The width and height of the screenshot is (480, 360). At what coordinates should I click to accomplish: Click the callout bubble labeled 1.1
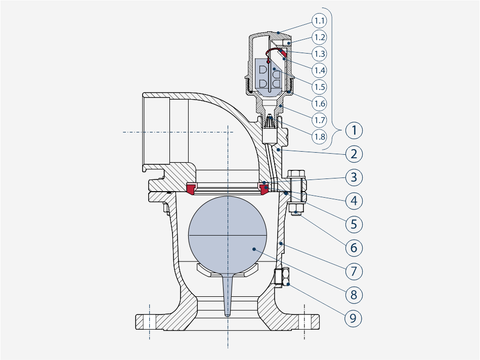(319, 21)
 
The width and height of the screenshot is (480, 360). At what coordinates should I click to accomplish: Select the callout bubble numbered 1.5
(319, 87)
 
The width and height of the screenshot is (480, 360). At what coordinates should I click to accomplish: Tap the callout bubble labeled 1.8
(319, 137)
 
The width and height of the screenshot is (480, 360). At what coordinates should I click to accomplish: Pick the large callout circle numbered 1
(354, 130)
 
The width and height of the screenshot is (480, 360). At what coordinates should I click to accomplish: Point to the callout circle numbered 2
(354, 154)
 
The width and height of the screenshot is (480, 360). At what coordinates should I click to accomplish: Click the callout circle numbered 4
(354, 201)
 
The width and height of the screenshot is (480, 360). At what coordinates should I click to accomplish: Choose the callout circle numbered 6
(354, 248)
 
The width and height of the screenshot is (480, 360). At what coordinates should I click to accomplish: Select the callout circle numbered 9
(353, 319)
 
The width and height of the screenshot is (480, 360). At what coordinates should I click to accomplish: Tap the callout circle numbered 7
(354, 271)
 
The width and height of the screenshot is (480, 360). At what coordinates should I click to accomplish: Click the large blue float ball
(228, 235)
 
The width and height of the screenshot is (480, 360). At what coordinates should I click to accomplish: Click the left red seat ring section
(191, 188)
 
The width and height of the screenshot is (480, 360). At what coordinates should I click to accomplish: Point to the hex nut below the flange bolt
(296, 209)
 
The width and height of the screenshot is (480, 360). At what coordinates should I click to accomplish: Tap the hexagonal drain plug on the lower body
(282, 277)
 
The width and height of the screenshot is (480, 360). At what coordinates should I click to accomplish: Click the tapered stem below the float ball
(228, 294)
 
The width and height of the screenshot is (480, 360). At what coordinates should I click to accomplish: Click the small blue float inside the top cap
(268, 76)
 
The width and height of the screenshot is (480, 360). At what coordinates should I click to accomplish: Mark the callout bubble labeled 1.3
(319, 54)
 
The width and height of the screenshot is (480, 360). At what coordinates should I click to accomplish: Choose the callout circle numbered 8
(354, 295)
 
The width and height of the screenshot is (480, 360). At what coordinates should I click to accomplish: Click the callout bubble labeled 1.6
(319, 104)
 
